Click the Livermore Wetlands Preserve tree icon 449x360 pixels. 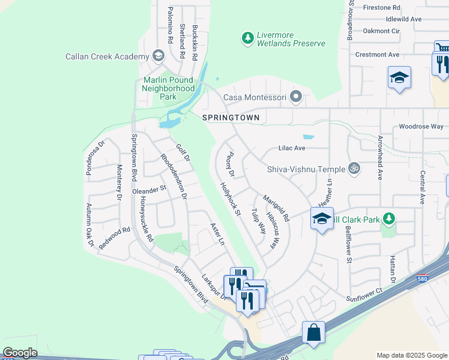[247, 38]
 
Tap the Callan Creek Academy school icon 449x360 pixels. [158, 56]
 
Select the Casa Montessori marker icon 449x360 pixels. [295, 97]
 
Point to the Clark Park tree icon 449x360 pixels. [390, 220]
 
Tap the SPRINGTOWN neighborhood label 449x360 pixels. [231, 118]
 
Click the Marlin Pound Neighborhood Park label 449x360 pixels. [168, 88]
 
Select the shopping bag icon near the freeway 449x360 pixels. [313, 332]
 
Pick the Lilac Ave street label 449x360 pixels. [292, 148]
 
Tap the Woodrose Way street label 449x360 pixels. [421, 127]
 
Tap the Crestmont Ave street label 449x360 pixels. [377, 55]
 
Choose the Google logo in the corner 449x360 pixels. [20, 353]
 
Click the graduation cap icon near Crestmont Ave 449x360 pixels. [399, 77]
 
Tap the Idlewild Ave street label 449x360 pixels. [403, 19]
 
